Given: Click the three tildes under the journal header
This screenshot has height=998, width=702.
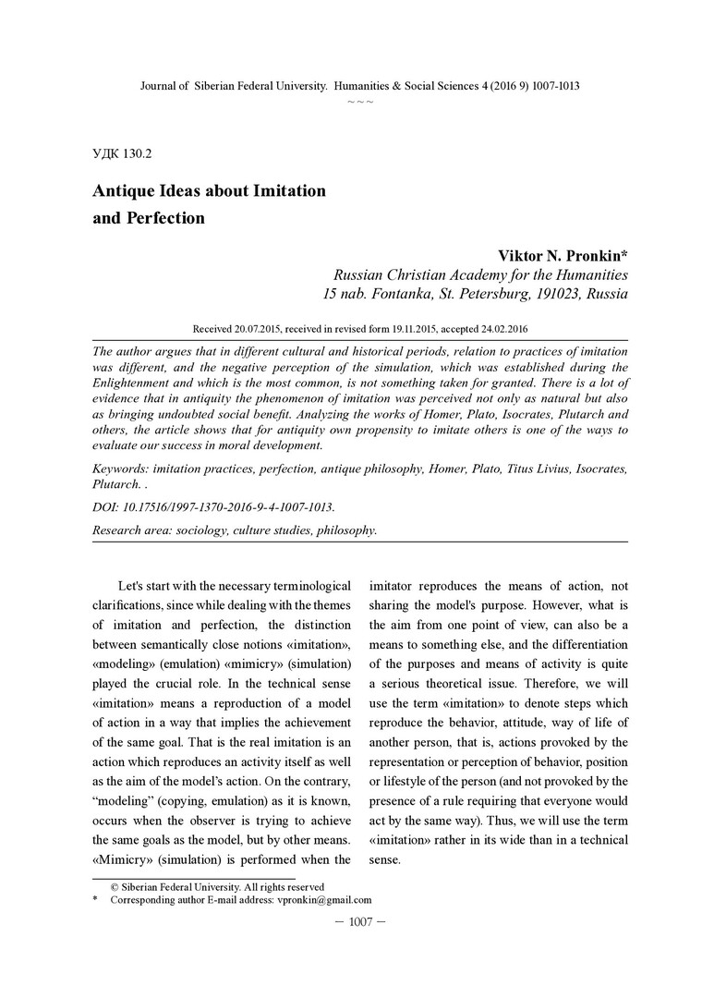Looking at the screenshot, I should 359,100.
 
